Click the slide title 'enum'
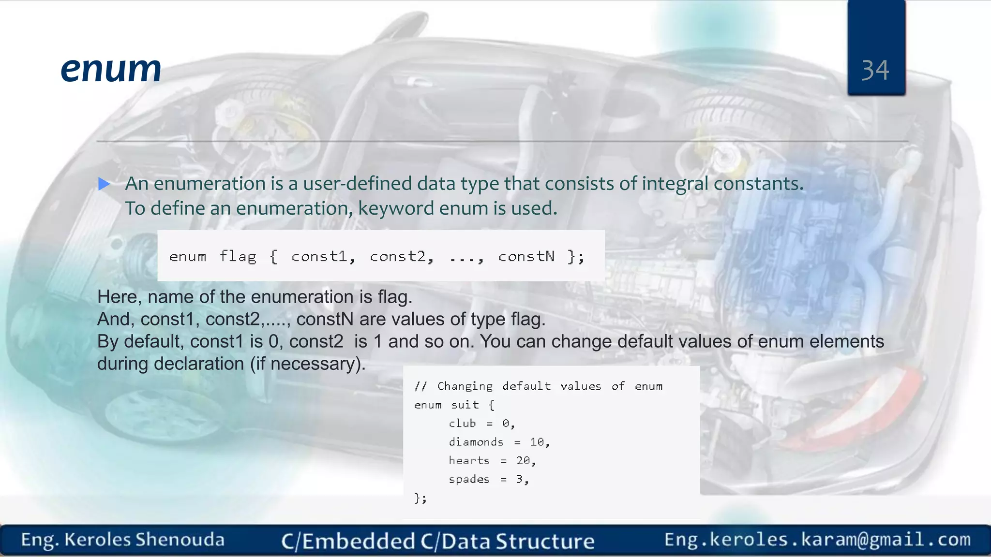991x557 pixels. pos(111,69)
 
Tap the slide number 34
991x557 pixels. pos(875,71)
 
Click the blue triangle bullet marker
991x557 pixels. pos(104,184)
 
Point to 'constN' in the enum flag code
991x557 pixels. pos(526,256)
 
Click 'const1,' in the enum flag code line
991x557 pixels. pos(323,256)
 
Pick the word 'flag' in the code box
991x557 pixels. pos(238,256)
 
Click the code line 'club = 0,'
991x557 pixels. pos(481,424)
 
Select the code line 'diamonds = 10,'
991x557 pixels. pos(499,442)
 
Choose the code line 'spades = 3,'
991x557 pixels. pos(489,479)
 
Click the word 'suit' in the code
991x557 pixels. pos(465,405)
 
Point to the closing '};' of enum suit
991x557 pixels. pos(420,498)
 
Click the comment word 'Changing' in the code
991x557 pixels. pos(465,386)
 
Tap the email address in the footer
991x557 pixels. pos(817,540)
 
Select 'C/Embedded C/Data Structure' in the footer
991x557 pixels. pos(437,541)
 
